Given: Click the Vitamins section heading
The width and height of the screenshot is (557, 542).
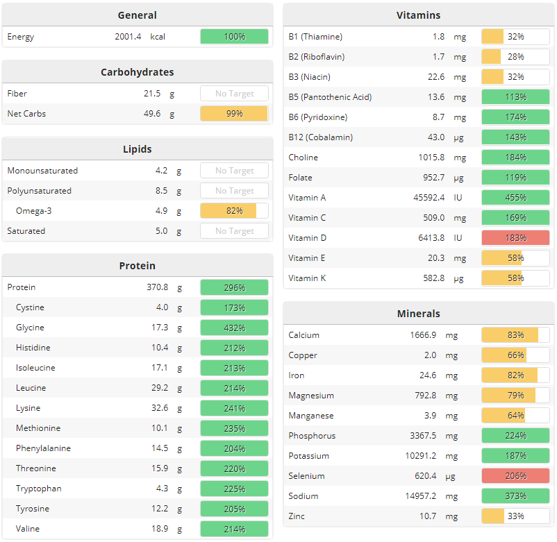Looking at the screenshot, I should coord(418,15).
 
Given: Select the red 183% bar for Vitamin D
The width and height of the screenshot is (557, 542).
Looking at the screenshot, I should coord(515,238).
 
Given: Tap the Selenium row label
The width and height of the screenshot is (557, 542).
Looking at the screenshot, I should coord(306,476).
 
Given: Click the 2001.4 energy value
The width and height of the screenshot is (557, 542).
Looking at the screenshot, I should coord(128,36).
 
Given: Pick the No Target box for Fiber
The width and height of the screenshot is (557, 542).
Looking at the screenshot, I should coord(234,94).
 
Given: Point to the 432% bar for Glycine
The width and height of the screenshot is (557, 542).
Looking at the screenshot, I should coord(234,328).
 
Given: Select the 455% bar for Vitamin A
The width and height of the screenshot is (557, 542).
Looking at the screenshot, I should coord(515,198).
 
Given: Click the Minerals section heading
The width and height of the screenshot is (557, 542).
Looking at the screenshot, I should coord(418,314).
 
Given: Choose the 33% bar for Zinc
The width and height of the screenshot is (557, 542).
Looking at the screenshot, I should coord(515,516).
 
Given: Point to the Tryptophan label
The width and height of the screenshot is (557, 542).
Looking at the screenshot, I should coord(38,489).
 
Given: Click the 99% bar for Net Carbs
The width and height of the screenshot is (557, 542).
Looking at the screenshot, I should coord(234,114).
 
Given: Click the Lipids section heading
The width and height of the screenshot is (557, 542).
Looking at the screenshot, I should coord(137,149).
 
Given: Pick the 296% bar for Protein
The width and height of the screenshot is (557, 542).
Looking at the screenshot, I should coord(234,287).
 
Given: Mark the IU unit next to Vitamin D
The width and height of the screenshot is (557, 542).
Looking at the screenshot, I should coord(458,238).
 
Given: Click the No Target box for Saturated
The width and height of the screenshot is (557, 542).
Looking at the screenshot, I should coord(234,231).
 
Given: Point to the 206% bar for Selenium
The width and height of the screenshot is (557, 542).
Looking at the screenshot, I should coord(515,476).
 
